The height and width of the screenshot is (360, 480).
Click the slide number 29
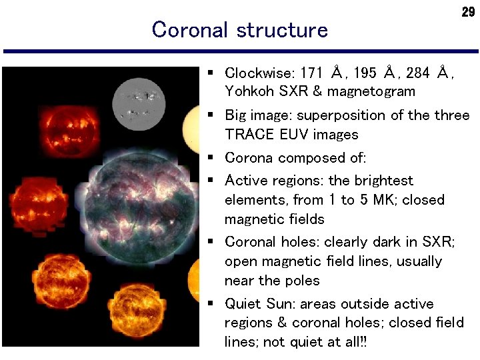(x=468, y=13)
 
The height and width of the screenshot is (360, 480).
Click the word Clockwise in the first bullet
(x=260, y=73)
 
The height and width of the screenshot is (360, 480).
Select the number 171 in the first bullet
(x=312, y=73)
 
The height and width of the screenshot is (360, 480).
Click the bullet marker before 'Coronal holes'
(x=210, y=242)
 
